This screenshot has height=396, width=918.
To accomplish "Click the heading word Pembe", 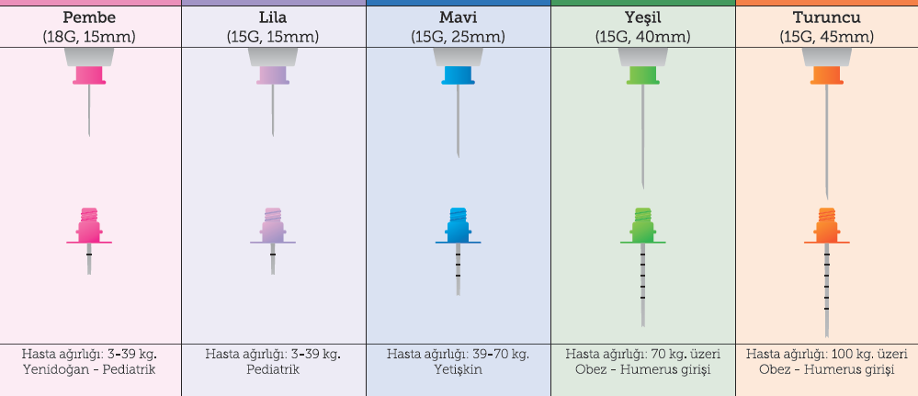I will [x=89, y=17].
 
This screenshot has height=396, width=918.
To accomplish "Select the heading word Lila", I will [x=273, y=17].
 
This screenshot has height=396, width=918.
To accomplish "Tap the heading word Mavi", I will [x=458, y=17].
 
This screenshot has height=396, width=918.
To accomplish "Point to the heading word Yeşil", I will [x=642, y=17].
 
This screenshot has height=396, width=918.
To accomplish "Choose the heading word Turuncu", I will [x=826, y=17].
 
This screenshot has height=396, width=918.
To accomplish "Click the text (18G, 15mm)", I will [x=89, y=37].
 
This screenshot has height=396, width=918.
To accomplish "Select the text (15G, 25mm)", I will [x=458, y=37].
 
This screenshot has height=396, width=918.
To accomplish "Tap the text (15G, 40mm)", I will [x=642, y=37].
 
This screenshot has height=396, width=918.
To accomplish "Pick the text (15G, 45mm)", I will [x=826, y=37].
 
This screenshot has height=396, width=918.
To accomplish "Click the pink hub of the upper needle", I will [x=89, y=75].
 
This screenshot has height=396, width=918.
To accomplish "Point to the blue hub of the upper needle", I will [x=458, y=75].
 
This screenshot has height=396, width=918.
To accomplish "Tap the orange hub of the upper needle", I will [x=826, y=75].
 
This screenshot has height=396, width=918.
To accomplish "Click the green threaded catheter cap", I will [x=642, y=223].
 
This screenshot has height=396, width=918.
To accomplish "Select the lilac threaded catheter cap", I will [x=273, y=223].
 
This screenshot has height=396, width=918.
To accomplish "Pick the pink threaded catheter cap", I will [x=89, y=223].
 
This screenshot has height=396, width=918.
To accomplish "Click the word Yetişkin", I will [x=458, y=369].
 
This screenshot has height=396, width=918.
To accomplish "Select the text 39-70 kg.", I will [x=496, y=354].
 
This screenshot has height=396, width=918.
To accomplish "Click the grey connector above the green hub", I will [x=642, y=56].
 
